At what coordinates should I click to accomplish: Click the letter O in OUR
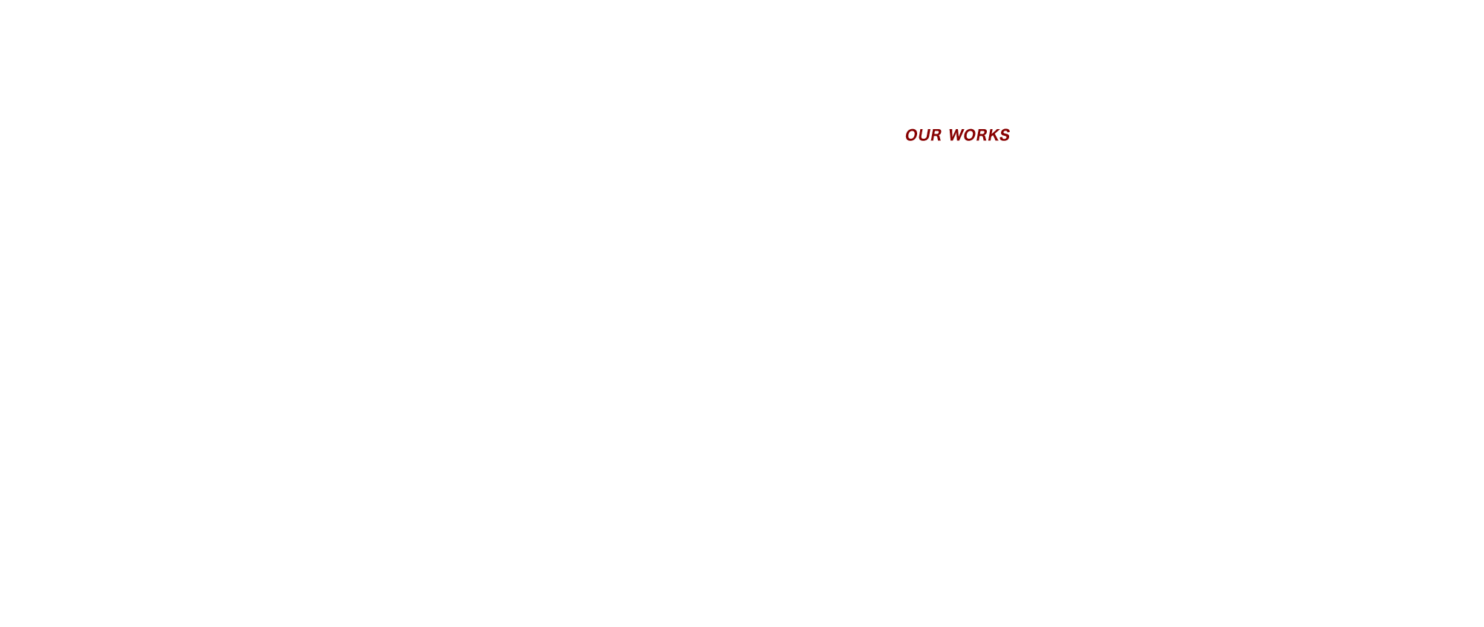[x=911, y=136]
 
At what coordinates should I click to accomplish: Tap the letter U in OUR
[x=923, y=136]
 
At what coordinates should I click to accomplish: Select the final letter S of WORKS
[x=1005, y=136]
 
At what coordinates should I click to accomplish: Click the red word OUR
[x=923, y=136]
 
